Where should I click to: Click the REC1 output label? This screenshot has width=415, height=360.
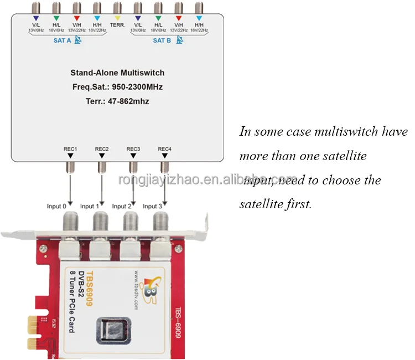click(70, 149)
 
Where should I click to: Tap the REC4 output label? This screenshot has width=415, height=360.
click(164, 149)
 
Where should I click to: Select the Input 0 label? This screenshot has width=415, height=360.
click(56, 207)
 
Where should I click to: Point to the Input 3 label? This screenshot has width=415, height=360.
click(153, 207)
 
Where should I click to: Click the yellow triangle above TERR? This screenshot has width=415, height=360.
click(117, 19)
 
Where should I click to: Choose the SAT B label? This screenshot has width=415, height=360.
click(162, 40)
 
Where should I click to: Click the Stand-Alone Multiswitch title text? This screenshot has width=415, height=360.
click(117, 73)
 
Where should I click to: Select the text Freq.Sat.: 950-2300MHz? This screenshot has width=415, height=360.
click(117, 87)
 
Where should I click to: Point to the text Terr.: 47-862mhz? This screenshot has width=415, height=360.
click(117, 101)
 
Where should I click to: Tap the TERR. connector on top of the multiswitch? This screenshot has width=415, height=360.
click(117, 8)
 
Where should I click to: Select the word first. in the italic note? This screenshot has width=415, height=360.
click(298, 204)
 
